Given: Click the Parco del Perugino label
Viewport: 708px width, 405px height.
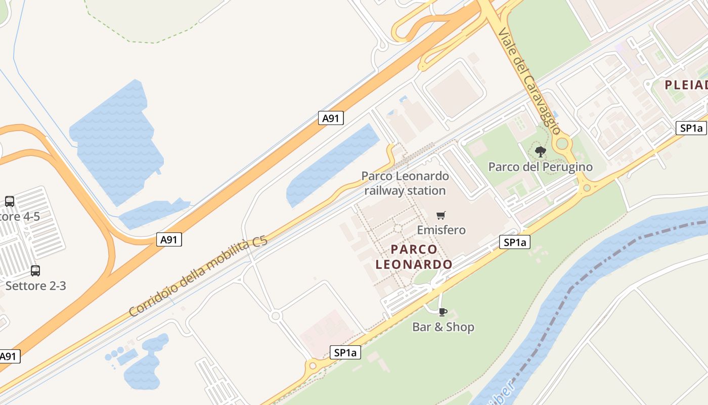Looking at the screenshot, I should [x=540, y=167].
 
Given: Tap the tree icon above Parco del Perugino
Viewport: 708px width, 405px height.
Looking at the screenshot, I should [x=540, y=151].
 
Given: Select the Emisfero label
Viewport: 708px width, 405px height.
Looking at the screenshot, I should [x=441, y=230].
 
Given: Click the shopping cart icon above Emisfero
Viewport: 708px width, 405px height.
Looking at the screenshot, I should [x=441, y=216].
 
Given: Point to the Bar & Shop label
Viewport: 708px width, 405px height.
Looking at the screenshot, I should [x=443, y=327].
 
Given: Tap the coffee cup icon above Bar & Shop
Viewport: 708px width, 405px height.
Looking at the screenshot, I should [x=443, y=312].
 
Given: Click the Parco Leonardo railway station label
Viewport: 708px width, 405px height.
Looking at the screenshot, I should [x=405, y=183].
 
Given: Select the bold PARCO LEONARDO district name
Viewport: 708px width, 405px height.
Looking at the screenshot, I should [x=414, y=257].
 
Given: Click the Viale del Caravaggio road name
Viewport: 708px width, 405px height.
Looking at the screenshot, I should [x=529, y=81].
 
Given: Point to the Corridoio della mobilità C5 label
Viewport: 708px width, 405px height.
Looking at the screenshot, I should [x=198, y=277].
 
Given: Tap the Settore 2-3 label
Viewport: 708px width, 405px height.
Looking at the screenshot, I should [x=35, y=286].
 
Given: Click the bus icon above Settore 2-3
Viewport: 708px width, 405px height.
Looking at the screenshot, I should [x=35, y=270].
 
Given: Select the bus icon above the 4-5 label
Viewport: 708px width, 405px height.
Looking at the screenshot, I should [x=10, y=201].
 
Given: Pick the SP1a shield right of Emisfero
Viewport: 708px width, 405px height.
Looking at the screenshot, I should [x=515, y=242].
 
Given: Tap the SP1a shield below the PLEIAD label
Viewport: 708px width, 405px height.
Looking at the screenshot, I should [x=691, y=128].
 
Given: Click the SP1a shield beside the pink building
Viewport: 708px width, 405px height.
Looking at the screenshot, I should [x=346, y=352].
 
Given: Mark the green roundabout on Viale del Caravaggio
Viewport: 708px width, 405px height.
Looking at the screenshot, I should [x=562, y=144].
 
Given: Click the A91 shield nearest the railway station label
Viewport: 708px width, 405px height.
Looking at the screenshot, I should [x=331, y=118].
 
